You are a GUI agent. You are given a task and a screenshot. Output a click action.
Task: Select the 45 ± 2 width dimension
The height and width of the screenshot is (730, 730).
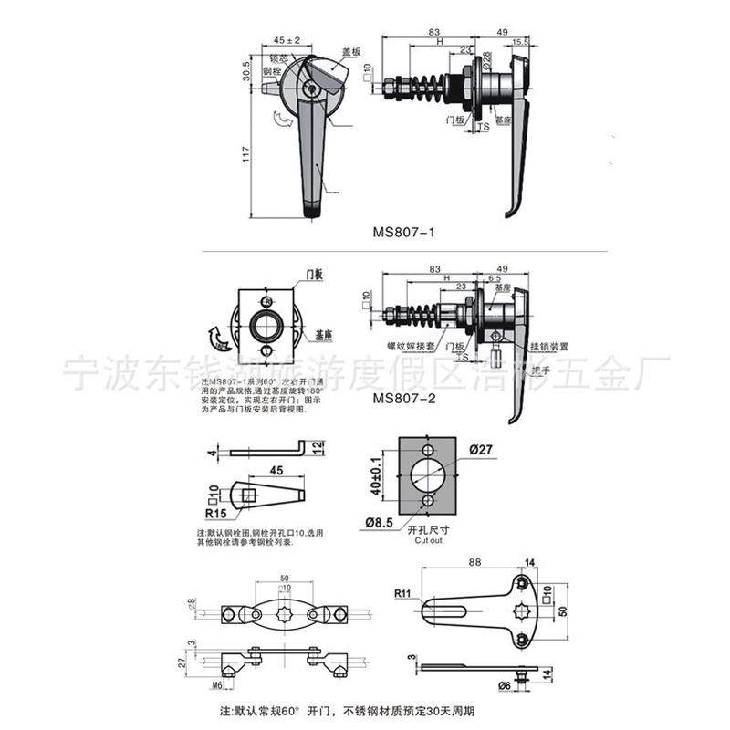pyautogui.click(x=287, y=40)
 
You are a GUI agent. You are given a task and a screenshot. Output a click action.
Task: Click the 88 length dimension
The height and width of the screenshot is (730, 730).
pyautogui.click(x=472, y=563)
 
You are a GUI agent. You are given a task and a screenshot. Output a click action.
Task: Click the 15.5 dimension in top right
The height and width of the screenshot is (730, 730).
pyautogui.click(x=520, y=42)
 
